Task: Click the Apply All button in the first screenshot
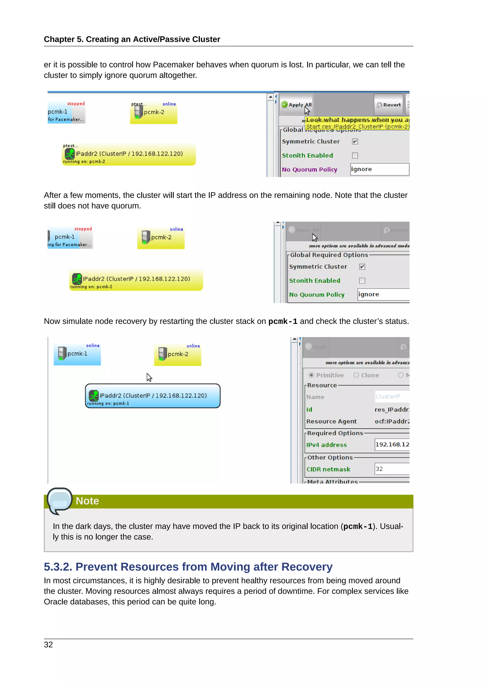tap(296, 105)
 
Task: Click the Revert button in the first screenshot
tap(389, 105)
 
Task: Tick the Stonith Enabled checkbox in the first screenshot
tap(355, 155)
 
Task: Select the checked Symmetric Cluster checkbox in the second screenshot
tap(362, 267)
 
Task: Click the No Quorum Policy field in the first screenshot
tap(379, 169)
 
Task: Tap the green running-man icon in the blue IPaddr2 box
tap(94, 396)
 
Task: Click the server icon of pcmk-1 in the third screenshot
tap(62, 353)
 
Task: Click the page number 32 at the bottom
tap(48, 645)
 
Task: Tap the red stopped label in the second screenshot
tap(83, 229)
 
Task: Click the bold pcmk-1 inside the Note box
tap(358, 526)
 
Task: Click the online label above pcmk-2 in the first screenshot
tap(169, 104)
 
